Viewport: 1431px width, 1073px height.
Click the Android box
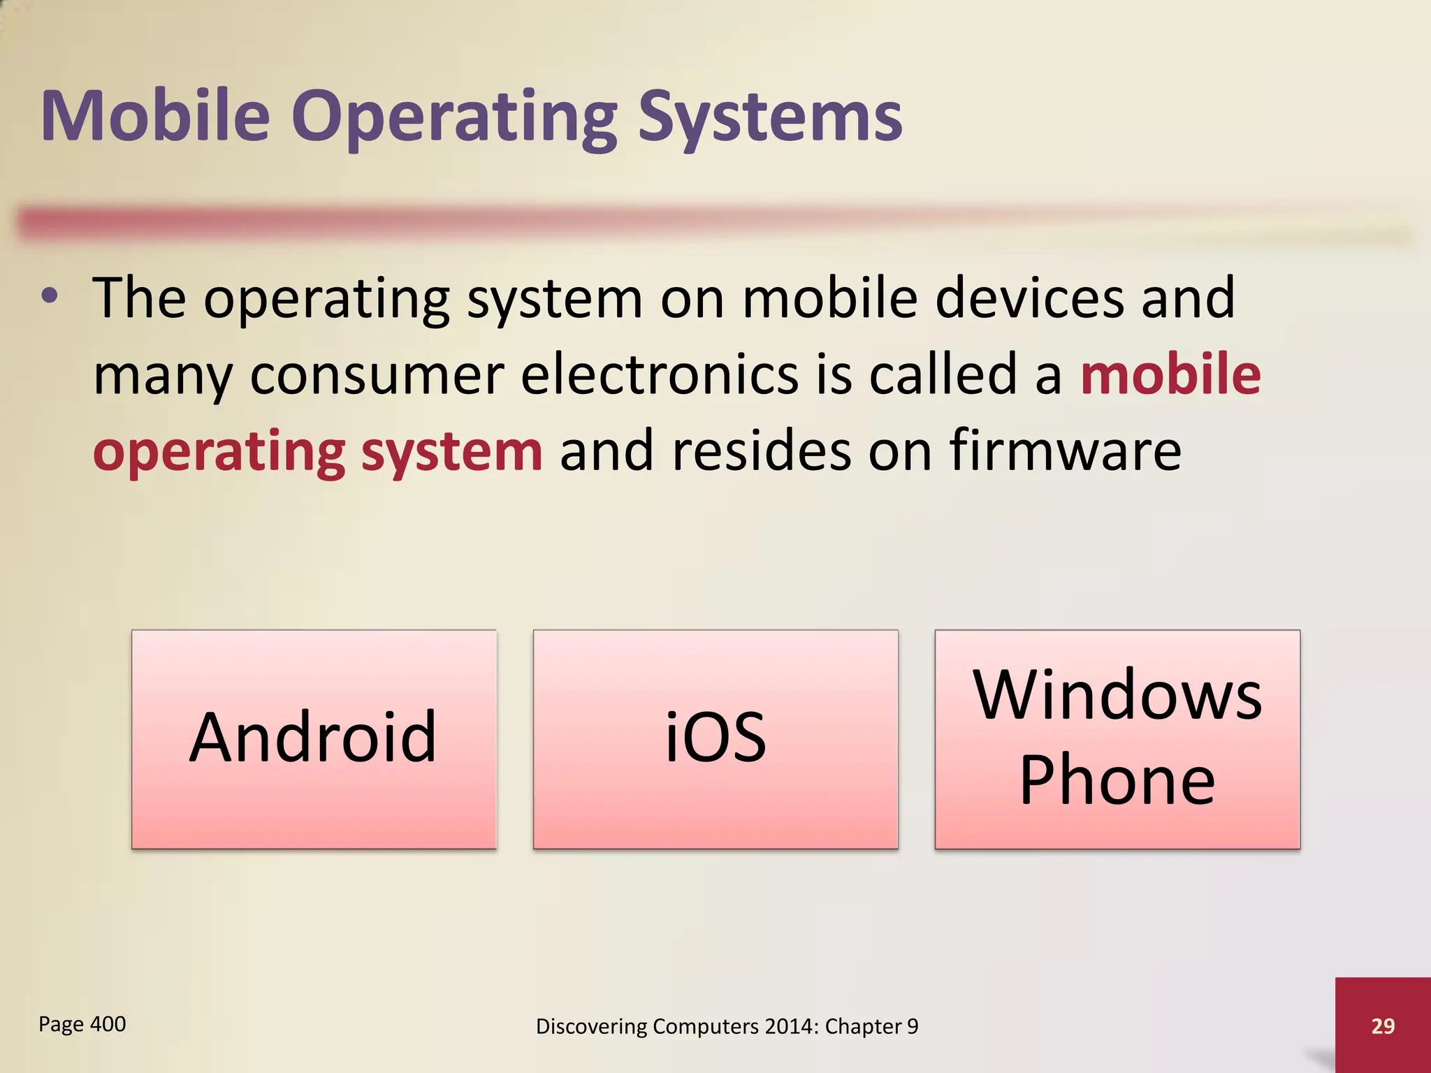[x=314, y=739]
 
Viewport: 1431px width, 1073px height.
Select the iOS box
[x=715, y=739]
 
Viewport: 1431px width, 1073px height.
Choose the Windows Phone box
[x=1117, y=739]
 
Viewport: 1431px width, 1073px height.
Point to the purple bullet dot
[x=50, y=297]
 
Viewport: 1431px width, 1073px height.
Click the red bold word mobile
[x=1170, y=374]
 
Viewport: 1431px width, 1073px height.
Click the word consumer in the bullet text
[x=377, y=374]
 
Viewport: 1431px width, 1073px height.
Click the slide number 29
[x=1383, y=1025]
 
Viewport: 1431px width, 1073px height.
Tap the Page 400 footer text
[x=82, y=1024]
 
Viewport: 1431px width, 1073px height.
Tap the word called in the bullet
[x=943, y=374]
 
